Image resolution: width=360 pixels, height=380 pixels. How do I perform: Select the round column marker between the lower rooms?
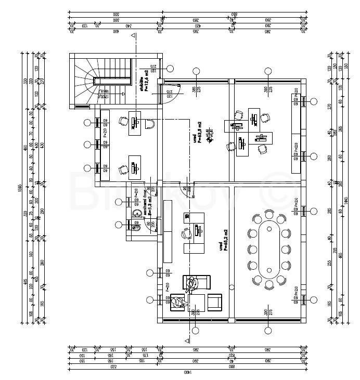[195, 330]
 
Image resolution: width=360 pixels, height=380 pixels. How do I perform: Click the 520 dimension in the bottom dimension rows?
[113, 366]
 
